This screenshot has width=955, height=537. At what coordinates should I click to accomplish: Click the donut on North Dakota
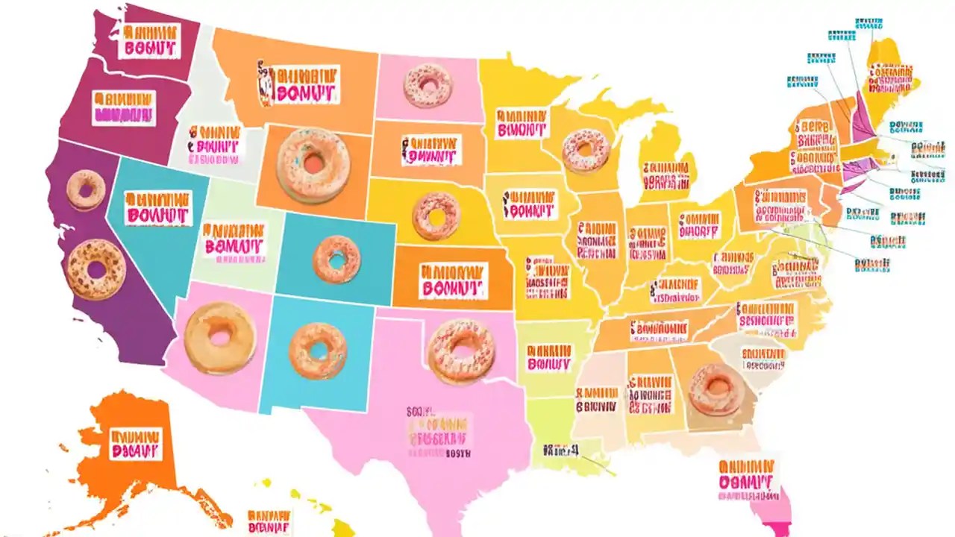pos(428,85)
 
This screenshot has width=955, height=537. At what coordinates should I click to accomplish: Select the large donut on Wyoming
pos(313,165)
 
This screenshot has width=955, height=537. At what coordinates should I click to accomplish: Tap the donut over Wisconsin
pos(586,150)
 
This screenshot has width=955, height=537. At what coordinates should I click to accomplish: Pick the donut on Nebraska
pos(436,216)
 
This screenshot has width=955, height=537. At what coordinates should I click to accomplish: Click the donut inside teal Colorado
pos(336,260)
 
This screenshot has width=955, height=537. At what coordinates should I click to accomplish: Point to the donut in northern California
pos(85,190)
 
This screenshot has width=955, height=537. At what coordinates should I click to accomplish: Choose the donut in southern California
pos(95,269)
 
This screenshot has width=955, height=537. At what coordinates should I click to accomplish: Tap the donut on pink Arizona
pos(220,338)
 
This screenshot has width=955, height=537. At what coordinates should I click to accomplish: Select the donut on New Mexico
pos(318,351)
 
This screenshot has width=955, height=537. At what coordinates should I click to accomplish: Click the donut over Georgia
pos(716,389)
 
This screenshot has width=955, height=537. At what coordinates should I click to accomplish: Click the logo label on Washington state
pos(151,40)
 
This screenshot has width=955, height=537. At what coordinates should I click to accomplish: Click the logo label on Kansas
pos(452,280)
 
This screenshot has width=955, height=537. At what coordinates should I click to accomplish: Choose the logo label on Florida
pos(746,475)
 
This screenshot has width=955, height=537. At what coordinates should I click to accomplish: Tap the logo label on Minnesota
pos(522,123)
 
